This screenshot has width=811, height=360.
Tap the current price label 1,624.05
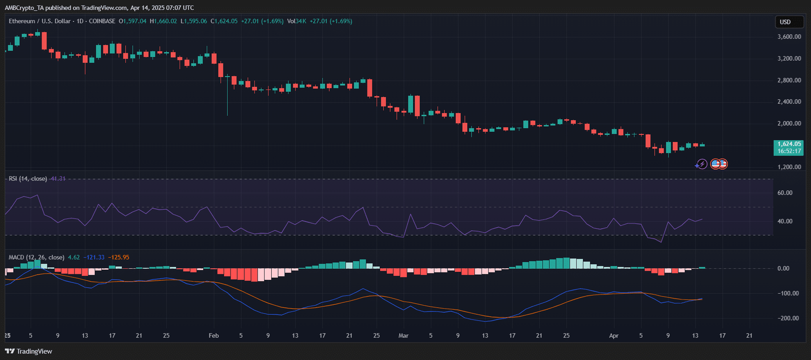pyautogui.click(x=789, y=144)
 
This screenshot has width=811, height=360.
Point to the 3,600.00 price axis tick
pyautogui.click(x=789, y=37)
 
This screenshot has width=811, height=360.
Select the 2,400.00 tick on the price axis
pyautogui.click(x=789, y=102)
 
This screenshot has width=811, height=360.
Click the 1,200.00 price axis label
pyautogui.click(x=789, y=167)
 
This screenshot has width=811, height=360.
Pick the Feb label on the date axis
pyautogui.click(x=213, y=336)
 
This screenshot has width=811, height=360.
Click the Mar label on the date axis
pyautogui.click(x=403, y=336)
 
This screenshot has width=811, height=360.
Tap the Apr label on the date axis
pyautogui.click(x=614, y=336)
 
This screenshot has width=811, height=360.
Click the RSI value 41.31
pyautogui.click(x=58, y=178)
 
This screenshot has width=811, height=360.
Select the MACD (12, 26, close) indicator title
pyautogui.click(x=36, y=258)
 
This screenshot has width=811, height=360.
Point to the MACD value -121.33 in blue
pyautogui.click(x=94, y=258)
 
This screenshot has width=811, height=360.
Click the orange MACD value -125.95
pyautogui.click(x=119, y=258)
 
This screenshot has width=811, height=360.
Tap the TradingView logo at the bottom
pyautogui.click(x=28, y=351)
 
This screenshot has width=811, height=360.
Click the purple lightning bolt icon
pyautogui.click(x=702, y=164)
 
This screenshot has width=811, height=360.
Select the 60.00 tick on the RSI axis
pyautogui.click(x=785, y=193)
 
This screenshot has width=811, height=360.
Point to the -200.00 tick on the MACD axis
pyautogui.click(x=788, y=318)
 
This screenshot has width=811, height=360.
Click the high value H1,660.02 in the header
pyautogui.click(x=163, y=21)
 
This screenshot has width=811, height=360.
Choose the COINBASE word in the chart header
pyautogui.click(x=102, y=21)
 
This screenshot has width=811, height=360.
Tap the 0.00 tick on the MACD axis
pyautogui.click(x=784, y=268)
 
